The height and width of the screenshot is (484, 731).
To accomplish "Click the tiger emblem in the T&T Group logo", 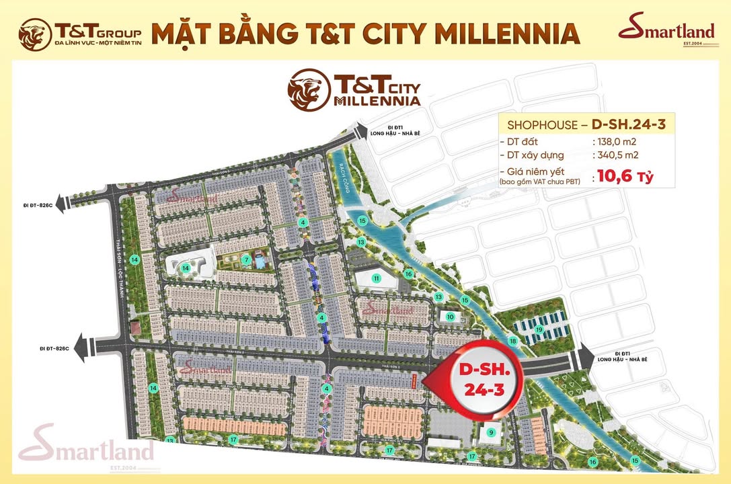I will click(36, 34).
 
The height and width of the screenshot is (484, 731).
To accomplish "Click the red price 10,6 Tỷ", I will click(623, 177).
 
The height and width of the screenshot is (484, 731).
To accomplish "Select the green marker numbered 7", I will click(247, 259).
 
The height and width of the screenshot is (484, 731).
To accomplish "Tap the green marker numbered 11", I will click(377, 278).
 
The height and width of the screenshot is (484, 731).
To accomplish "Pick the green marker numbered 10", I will click(450, 317).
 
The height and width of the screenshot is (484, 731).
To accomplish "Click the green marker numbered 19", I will click(539, 329).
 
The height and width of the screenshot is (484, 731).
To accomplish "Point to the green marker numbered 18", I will click(513, 341).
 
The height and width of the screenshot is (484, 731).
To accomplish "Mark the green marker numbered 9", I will click(491, 432).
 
